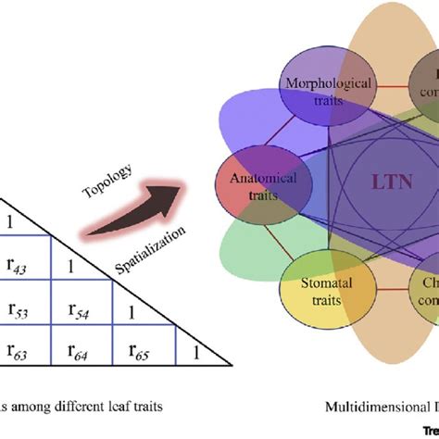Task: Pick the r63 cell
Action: click(24, 349)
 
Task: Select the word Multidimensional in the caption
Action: click(365, 406)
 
